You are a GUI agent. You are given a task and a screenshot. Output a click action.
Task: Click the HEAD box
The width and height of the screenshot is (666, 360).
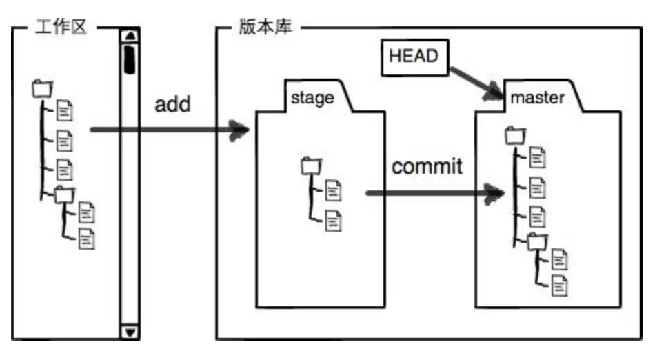coord(414,57)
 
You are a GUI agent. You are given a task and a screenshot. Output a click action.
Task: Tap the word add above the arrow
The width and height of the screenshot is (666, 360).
coord(172,105)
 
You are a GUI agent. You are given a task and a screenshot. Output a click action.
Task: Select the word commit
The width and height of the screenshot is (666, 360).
coord(427,166)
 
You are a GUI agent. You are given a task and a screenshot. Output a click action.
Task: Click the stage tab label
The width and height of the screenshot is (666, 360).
coord(312,97)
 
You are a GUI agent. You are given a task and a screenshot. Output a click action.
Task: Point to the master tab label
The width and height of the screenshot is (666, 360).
coord(537,98)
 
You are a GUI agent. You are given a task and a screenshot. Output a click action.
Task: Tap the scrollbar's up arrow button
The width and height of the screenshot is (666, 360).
coord(130,37)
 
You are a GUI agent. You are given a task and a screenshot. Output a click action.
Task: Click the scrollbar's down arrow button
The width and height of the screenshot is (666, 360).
coord(130,332)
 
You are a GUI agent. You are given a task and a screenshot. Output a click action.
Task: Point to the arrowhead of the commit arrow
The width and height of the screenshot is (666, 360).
coord(492,194)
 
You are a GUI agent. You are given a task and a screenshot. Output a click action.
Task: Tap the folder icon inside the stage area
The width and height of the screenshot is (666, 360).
coord(311,166)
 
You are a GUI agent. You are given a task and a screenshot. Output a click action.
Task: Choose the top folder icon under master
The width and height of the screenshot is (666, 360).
coord(514,136)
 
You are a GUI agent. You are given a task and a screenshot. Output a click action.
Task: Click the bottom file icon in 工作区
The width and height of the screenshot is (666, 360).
coord(87,239)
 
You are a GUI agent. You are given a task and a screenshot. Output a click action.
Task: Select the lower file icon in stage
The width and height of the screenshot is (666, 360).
coord(334,221)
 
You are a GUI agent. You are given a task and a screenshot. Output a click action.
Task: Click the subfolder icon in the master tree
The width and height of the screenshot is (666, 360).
coord(536,242)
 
